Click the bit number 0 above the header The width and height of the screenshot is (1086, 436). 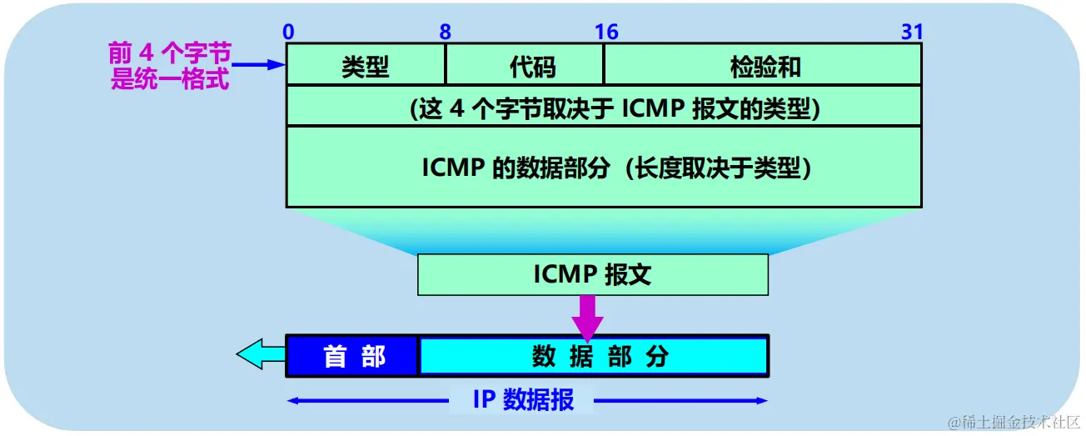click(288, 32)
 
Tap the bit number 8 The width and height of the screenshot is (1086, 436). click(446, 32)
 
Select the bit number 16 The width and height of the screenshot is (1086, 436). click(605, 32)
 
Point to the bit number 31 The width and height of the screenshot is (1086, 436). click(912, 32)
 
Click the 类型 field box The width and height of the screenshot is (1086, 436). click(366, 65)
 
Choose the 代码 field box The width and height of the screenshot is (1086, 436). click(525, 65)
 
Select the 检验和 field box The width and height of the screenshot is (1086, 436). click(762, 65)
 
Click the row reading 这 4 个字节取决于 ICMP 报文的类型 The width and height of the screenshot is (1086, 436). click(604, 107)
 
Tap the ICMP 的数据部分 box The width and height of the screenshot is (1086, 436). click(604, 167)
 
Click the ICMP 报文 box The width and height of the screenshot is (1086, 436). click(592, 274)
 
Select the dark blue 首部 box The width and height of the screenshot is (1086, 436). click(352, 356)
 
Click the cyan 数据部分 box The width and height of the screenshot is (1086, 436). click(593, 356)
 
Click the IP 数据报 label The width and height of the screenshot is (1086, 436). click(523, 400)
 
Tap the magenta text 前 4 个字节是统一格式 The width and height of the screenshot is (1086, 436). click(169, 68)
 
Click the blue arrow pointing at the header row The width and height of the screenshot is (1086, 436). click(258, 63)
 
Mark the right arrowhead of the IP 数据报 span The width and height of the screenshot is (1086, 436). click(761, 401)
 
